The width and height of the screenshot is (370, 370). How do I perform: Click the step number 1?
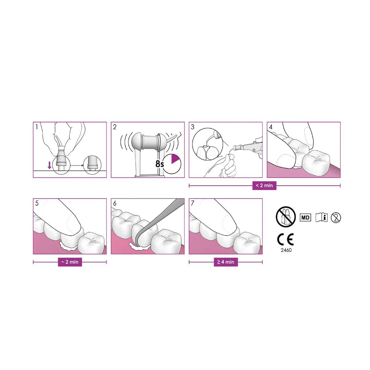(x=36, y=127)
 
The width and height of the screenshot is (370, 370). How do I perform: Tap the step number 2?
(x=115, y=127)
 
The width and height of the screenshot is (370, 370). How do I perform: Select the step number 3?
(x=193, y=127)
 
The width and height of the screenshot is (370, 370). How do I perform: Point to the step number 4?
(x=271, y=127)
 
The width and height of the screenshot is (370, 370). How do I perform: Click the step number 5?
(x=37, y=203)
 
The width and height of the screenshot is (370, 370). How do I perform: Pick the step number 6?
(x=115, y=203)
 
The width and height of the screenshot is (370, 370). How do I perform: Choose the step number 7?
(x=193, y=203)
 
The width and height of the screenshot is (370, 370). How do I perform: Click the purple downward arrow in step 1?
(x=49, y=165)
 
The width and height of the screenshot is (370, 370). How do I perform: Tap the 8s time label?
(x=160, y=164)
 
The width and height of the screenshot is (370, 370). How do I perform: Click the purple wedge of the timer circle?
(x=175, y=158)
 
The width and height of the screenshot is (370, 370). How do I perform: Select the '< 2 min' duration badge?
(x=264, y=186)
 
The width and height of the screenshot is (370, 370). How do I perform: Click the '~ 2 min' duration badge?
(x=70, y=262)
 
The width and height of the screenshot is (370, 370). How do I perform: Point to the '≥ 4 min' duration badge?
(x=226, y=262)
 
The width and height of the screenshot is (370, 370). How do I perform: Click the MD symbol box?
(x=305, y=218)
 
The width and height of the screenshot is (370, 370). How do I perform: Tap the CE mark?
(x=285, y=240)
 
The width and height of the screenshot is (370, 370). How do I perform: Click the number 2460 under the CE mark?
(x=286, y=250)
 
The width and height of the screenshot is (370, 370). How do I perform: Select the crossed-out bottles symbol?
(x=286, y=217)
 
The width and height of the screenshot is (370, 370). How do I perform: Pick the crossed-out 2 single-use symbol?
(x=336, y=218)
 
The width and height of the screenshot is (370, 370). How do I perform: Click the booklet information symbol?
(x=321, y=218)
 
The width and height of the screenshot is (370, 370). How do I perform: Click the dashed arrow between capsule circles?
(x=76, y=165)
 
